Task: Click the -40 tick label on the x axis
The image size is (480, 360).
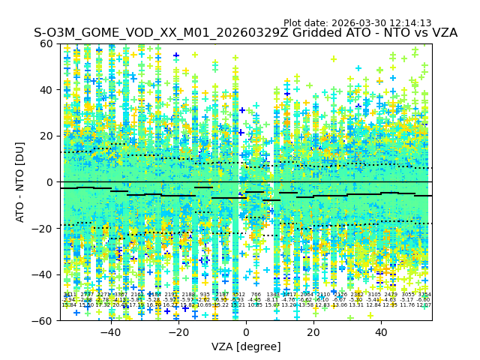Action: pos(110,332)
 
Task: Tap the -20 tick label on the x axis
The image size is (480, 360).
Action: pos(178,332)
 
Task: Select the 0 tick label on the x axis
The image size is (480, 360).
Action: pos(246,332)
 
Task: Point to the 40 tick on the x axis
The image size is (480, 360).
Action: pos(381,332)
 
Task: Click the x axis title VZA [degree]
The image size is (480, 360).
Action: pos(246,346)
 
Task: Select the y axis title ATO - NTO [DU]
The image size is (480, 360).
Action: pos(20,182)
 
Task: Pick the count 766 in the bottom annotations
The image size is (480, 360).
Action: pos(256,295)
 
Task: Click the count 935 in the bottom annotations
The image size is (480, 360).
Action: pos(205,295)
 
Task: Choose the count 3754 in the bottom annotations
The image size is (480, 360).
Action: pos(424,295)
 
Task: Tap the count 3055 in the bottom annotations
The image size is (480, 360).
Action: pos(407,295)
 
